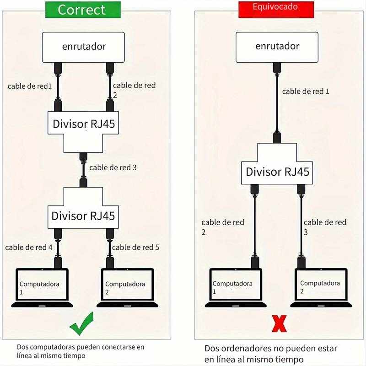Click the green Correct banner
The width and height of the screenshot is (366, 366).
83,10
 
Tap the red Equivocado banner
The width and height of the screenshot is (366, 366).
276,10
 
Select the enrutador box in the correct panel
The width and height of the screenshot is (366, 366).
83,47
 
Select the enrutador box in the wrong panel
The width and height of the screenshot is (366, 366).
277,47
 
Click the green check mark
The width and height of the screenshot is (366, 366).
82,324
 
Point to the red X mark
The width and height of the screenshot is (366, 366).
279,324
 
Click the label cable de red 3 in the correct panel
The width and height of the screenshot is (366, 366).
113,167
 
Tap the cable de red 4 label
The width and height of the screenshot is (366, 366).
29,247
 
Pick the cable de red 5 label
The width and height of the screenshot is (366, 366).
135,247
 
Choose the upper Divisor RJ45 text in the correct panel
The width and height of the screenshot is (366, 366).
84,124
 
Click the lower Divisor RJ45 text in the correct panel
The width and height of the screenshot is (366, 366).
83,216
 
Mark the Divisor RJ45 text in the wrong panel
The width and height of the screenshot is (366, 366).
277,172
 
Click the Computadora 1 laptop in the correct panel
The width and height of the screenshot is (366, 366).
42,288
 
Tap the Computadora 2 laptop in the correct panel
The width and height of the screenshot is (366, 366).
128,288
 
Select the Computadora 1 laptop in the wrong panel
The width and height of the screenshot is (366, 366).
236,288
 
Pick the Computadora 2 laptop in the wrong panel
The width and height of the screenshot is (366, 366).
321,288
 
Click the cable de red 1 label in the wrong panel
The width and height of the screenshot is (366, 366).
306,91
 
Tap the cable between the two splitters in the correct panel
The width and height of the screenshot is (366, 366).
83,170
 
